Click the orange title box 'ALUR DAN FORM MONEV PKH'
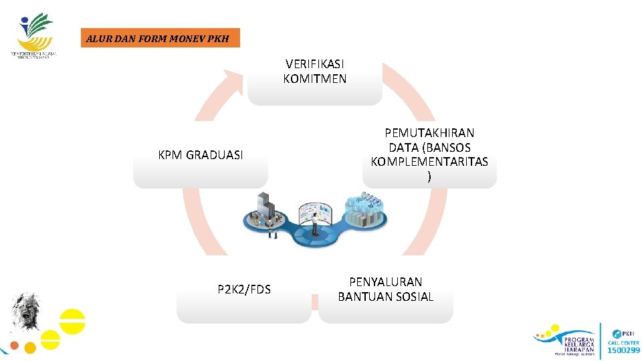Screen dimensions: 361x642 click(158, 38)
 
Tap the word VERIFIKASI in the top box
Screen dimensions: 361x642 click(315, 64)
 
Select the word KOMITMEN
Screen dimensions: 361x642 click(315, 79)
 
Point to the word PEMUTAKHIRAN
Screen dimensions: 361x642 click(429, 133)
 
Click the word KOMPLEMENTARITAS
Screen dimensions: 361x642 click(429, 162)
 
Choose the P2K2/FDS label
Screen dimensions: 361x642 click(244, 289)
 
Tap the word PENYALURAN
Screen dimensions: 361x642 click(386, 282)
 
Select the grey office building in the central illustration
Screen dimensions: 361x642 click(265, 207)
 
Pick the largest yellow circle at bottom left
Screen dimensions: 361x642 click(72, 320)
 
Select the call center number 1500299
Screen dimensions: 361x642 click(623, 350)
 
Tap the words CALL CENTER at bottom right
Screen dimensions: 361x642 click(623, 342)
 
